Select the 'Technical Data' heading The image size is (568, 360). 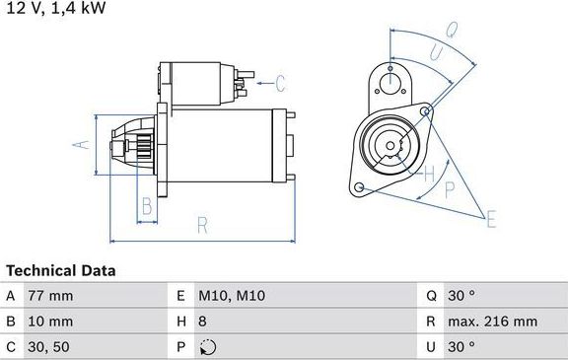pos(60,270)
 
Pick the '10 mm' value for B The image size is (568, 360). pos(52,322)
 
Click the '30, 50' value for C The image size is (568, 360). pos(50,347)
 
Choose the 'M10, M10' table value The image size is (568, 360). pos(232,296)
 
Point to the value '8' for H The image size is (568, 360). pos(203,322)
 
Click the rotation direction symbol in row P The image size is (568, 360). pos(205,347)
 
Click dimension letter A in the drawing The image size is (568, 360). pos(83,145)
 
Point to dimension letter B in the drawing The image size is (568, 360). pos(146,206)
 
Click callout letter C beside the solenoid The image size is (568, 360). pos(279,83)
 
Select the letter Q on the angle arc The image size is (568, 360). pos(451,31)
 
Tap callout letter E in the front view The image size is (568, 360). pos(490,219)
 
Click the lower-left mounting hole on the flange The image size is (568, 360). pos(359,187)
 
